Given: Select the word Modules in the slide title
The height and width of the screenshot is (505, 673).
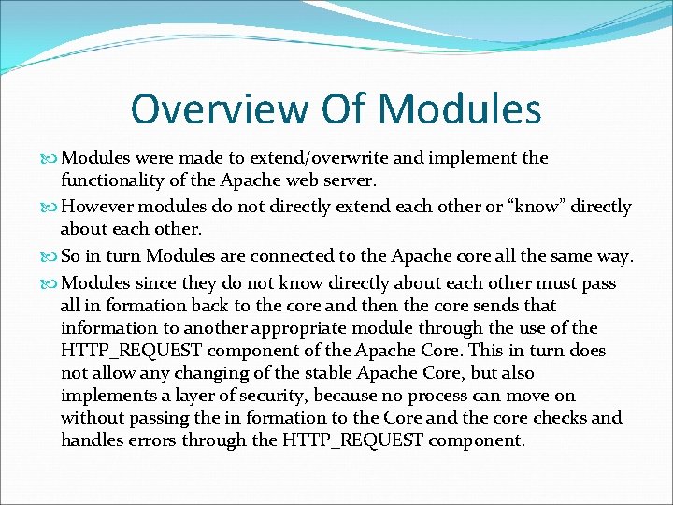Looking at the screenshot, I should coord(462,108).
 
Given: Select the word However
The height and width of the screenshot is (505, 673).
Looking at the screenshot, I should coord(96,207).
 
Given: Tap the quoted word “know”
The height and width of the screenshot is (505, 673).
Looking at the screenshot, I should coord(542,207).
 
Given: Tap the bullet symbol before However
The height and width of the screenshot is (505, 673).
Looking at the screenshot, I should coord(50,207).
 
